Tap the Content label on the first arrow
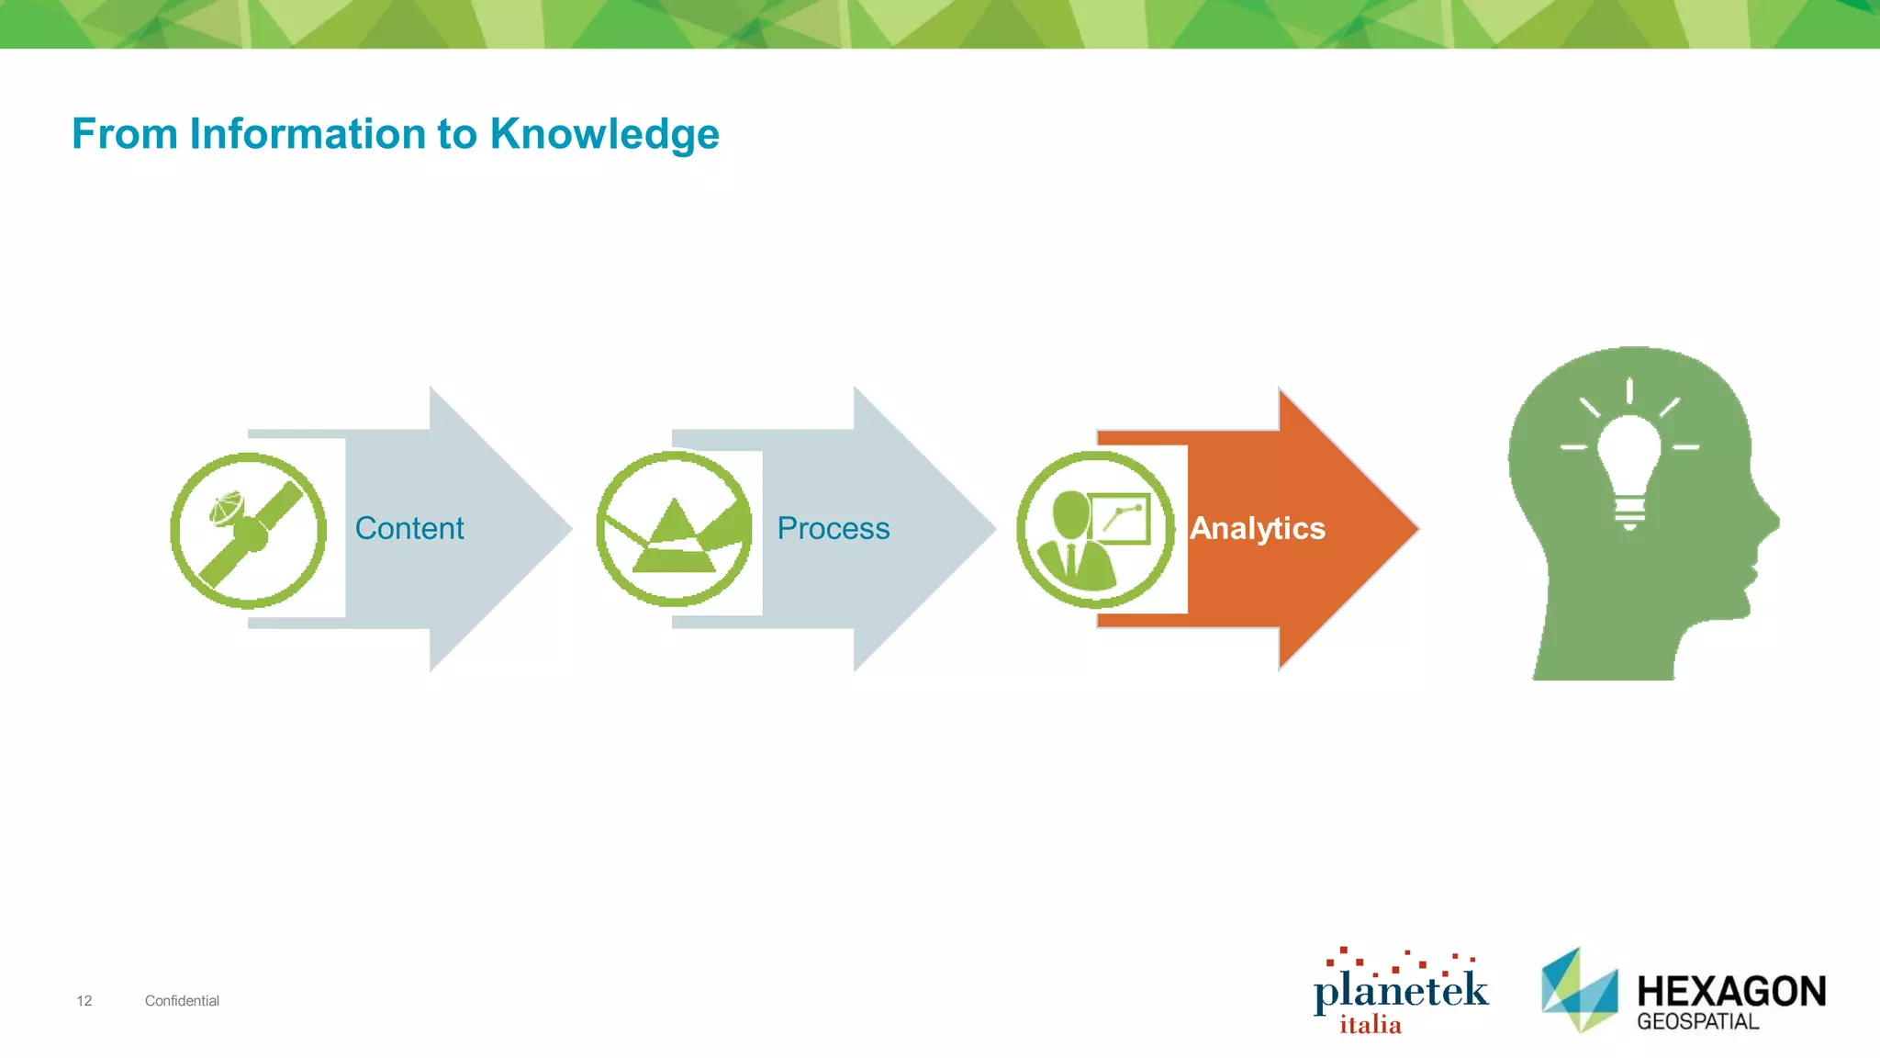pyautogui.click(x=409, y=528)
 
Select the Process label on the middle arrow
pyautogui.click(x=834, y=528)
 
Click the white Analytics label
pyautogui.click(x=1257, y=528)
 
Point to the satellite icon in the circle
pyautogui.click(x=249, y=530)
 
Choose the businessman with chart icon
pyautogui.click(x=1095, y=530)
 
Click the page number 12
pyautogui.click(x=84, y=1001)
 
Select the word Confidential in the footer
pyautogui.click(x=182, y=1001)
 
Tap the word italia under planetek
pyautogui.click(x=1371, y=1025)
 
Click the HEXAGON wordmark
pyautogui.click(x=1731, y=992)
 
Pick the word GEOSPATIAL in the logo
pyautogui.click(x=1698, y=1022)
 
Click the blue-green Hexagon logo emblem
pyautogui.click(x=1579, y=990)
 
